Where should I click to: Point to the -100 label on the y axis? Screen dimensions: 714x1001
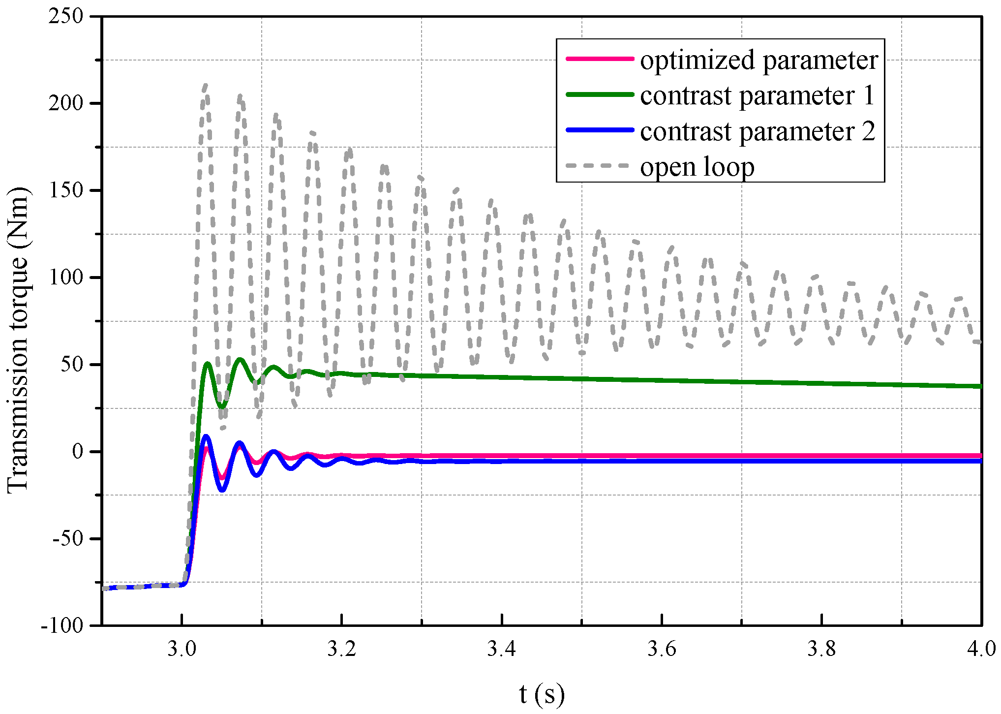pos(62,625)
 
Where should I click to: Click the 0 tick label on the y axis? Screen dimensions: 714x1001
pos(78,451)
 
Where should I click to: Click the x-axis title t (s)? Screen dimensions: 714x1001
pos(542,694)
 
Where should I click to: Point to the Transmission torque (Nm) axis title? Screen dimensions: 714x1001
pos(18,340)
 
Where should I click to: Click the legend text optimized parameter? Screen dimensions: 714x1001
pos(758,60)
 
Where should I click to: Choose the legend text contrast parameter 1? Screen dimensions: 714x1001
pos(758,95)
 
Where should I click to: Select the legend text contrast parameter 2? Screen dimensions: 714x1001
pos(758,131)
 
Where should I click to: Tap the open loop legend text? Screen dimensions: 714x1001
pos(697,167)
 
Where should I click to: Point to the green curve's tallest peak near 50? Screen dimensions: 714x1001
pos(240,360)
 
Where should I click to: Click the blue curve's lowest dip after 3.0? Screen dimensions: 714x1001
pos(222,490)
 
